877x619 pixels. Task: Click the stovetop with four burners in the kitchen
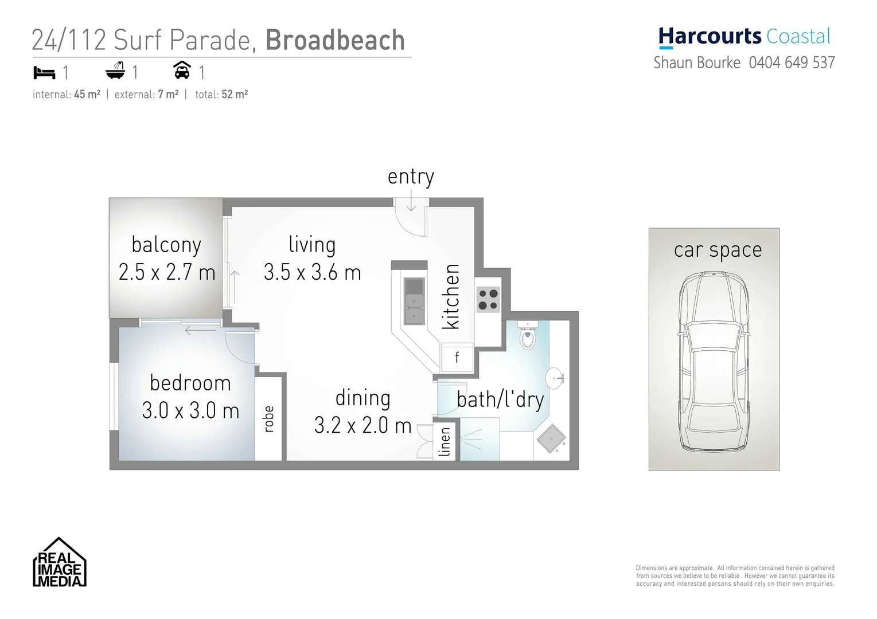click(x=488, y=299)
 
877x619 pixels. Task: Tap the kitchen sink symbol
click(x=414, y=301)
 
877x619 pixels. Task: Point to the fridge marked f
click(x=457, y=358)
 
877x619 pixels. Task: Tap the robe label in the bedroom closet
click(x=268, y=418)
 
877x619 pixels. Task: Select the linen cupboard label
click(x=445, y=442)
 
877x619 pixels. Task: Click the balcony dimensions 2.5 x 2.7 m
click(x=167, y=272)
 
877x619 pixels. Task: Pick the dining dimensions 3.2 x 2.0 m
click(x=363, y=425)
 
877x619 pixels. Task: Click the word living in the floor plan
click(x=312, y=245)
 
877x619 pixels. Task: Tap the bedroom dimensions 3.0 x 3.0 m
click(x=190, y=410)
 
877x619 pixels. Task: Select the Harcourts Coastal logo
click(x=744, y=37)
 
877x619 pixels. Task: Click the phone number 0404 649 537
click(x=792, y=62)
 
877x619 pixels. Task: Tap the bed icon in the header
click(x=44, y=73)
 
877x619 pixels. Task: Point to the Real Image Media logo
click(x=60, y=563)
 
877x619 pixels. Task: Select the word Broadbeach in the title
click(x=335, y=40)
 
